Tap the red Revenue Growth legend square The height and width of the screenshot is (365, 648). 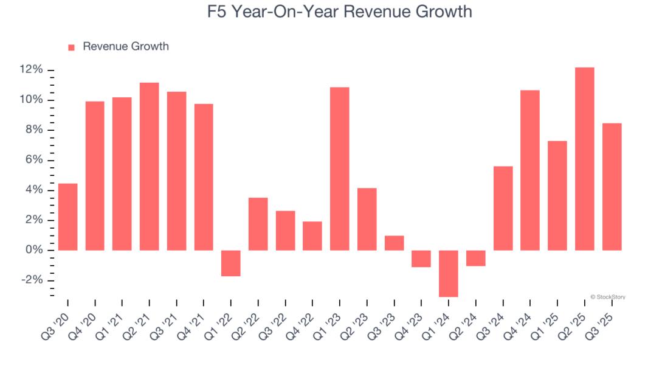(71, 47)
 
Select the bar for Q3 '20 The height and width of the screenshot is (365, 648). (67, 217)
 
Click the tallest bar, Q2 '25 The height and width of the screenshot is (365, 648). (584, 159)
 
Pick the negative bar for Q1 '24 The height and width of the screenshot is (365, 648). (448, 273)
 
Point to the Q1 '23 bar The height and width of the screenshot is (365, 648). (339, 169)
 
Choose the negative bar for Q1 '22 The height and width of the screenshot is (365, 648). (231, 263)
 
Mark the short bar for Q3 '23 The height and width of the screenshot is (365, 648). (394, 243)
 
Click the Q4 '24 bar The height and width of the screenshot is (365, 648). (530, 170)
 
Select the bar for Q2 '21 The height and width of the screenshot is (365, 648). (149, 166)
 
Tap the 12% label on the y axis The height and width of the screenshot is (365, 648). (31, 70)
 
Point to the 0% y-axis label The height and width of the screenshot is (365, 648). (33, 250)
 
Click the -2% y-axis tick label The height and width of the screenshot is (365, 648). (31, 280)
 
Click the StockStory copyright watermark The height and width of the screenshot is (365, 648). (607, 297)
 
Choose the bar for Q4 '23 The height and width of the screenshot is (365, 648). (421, 259)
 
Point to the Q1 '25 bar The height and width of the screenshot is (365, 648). (557, 196)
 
